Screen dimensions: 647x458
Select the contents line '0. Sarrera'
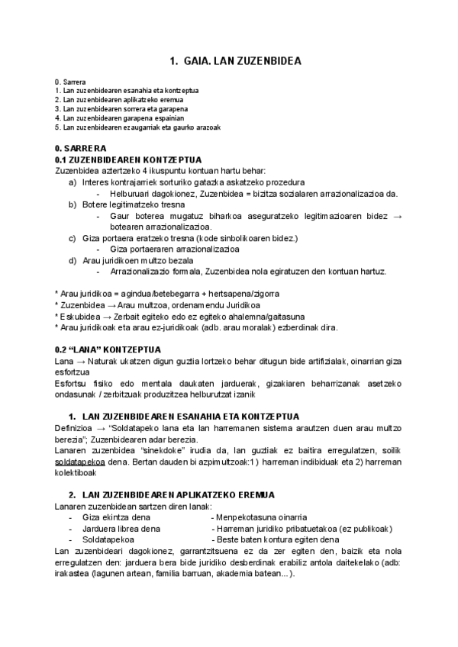(x=70, y=82)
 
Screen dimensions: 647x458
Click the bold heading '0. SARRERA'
(x=81, y=148)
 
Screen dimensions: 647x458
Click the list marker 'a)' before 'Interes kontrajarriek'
(x=73, y=182)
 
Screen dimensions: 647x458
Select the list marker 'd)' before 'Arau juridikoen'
(x=73, y=260)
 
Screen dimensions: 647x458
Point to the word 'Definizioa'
(x=76, y=430)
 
